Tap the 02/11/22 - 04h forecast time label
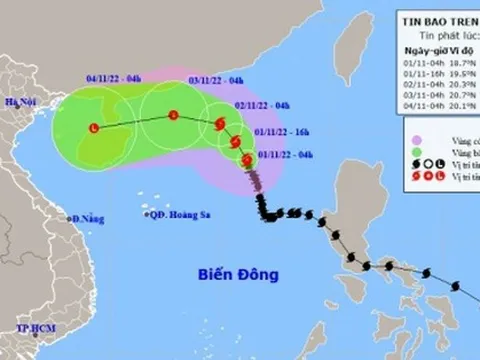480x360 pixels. click(x=264, y=105)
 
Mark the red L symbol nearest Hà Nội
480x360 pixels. click(x=94, y=128)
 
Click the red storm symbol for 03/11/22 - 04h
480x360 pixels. click(x=172, y=115)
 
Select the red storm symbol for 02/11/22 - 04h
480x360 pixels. click(x=220, y=124)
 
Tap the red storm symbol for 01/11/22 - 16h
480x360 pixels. click(x=229, y=139)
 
